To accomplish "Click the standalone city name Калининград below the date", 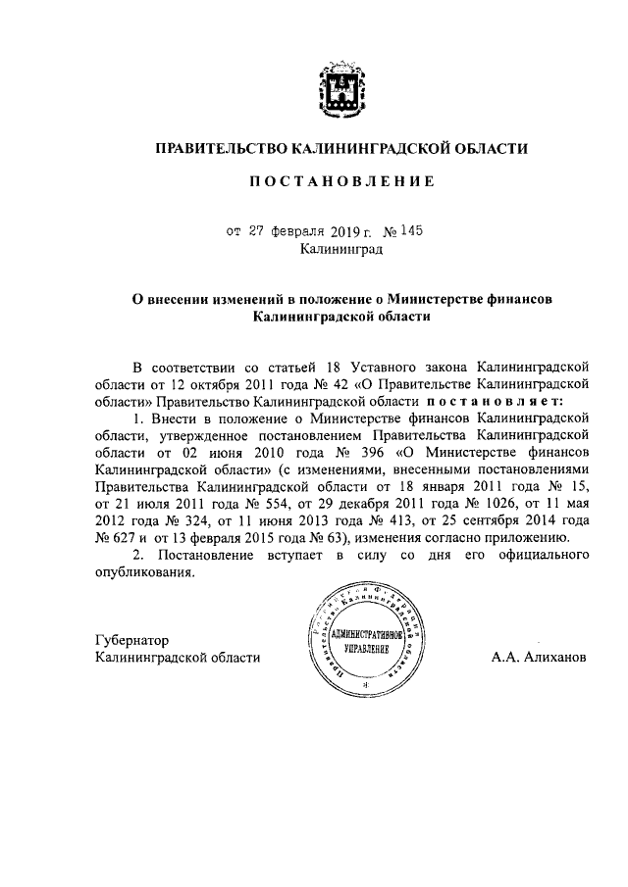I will tap(341, 250).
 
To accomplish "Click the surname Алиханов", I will tap(551, 658).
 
